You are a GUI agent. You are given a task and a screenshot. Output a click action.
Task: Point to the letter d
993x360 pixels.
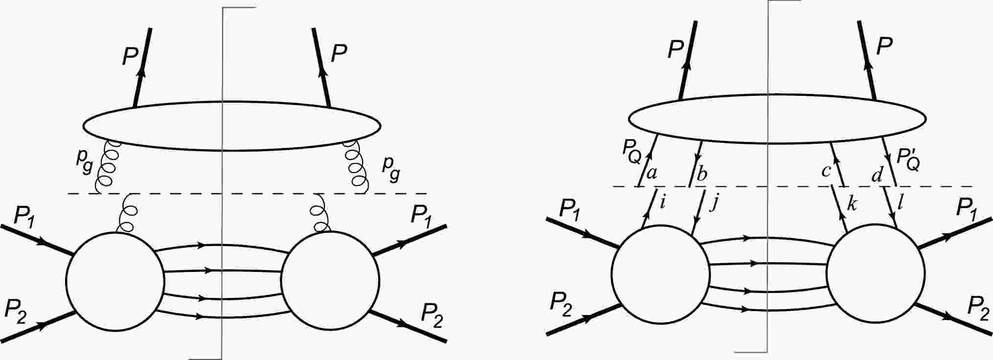[x=877, y=175]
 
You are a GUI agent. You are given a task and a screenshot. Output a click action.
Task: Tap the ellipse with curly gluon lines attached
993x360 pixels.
[x=232, y=126]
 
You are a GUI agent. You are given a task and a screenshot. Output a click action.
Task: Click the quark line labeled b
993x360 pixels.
[x=696, y=163]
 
